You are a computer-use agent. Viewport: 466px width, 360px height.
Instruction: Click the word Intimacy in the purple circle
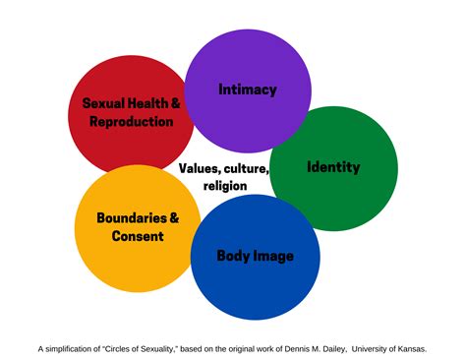coord(247,90)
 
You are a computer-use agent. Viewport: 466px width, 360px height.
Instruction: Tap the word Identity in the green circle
coord(333,167)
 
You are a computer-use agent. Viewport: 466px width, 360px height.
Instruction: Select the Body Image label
coord(255,257)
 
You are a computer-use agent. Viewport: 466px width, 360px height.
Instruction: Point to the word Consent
coord(137,236)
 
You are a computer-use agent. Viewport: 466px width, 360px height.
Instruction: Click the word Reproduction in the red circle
coord(131,122)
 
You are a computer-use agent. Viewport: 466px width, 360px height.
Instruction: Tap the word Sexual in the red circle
coord(104,103)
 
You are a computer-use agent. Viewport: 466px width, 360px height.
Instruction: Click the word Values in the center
coord(200,168)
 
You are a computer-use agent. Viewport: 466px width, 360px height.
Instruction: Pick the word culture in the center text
coord(246,168)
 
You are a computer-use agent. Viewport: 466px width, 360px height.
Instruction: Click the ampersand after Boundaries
coord(174,217)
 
